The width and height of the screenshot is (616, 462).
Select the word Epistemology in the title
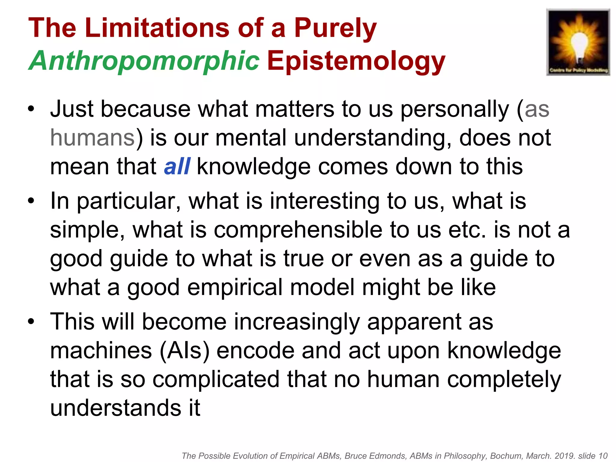pyautogui.click(x=356, y=61)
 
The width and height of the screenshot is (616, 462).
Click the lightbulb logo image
pyautogui.click(x=578, y=42)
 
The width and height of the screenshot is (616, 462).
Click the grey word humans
pyautogui.click(x=92, y=138)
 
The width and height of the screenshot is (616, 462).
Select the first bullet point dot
pyautogui.click(x=31, y=109)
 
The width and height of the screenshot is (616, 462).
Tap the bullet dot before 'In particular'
pyautogui.click(x=31, y=201)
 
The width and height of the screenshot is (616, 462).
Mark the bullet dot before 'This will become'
pyautogui.click(x=31, y=322)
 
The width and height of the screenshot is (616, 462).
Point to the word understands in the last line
pyautogui.click(x=115, y=408)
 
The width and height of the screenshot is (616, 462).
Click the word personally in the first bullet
pyautogui.click(x=454, y=109)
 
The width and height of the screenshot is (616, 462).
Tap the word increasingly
pyautogui.click(x=297, y=322)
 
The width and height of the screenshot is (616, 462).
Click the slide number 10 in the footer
pyautogui.click(x=603, y=456)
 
